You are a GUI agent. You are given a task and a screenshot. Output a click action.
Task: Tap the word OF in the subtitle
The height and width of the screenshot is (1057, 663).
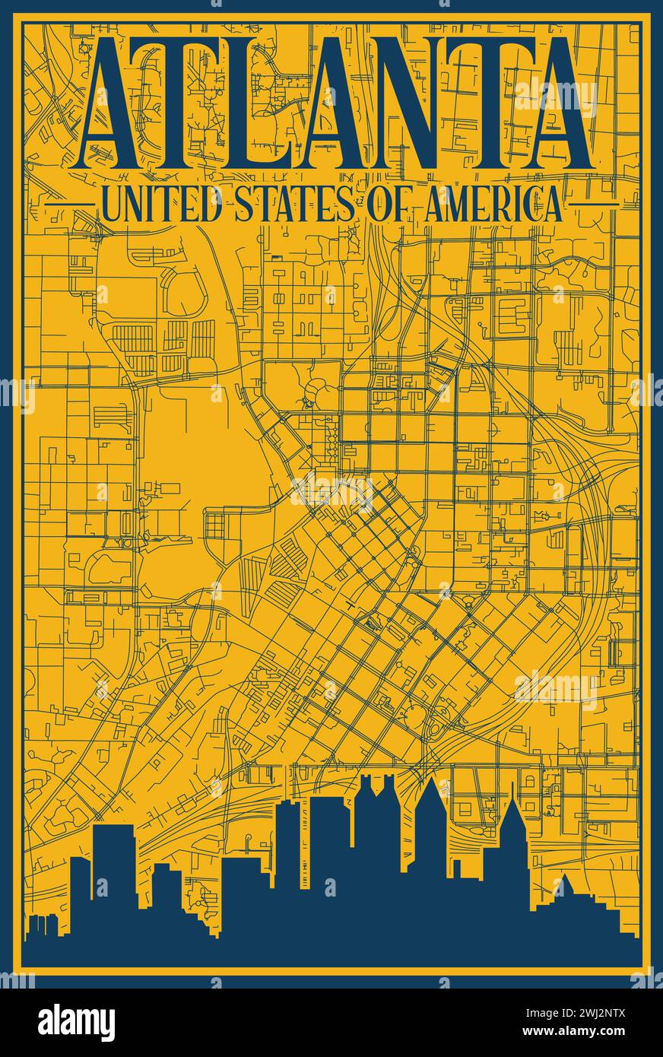(390, 205)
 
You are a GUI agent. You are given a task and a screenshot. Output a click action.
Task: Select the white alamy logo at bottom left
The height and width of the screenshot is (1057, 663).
(77, 1022)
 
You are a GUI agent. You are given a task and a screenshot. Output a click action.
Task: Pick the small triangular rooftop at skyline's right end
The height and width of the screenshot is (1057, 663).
(566, 886)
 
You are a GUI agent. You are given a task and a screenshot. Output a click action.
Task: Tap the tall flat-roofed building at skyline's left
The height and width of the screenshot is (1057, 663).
(113, 859)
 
